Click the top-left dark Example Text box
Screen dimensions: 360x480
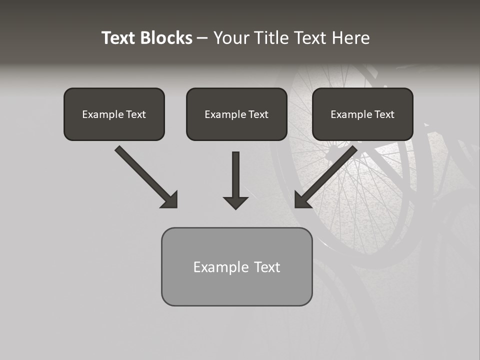pos(114,114)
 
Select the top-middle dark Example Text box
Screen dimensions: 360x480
pos(236,114)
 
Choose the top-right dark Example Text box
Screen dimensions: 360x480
pos(362,114)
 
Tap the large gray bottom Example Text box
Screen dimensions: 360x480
pos(236,266)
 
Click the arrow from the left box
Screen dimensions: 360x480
pos(145,176)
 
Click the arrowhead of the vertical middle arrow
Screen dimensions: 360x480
pos(235,202)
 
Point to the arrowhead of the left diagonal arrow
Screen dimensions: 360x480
pos(170,200)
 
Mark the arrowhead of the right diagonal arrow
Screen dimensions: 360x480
pos(302,200)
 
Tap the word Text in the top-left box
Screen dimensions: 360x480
pos(135,114)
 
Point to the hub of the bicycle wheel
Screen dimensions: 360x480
pos(331,154)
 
